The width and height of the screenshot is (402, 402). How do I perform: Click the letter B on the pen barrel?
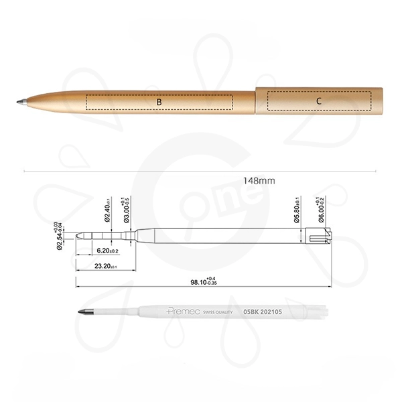159,102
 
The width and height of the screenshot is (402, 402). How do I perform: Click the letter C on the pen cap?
319,101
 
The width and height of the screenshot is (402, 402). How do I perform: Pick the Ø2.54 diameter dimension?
58,234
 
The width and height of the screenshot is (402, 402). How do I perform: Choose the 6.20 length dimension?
107,251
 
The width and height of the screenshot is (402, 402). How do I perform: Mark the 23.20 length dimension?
105,267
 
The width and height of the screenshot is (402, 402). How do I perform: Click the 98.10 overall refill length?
204,283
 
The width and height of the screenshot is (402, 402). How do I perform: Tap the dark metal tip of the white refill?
86,313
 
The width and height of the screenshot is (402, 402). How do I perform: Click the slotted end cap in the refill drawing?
322,236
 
